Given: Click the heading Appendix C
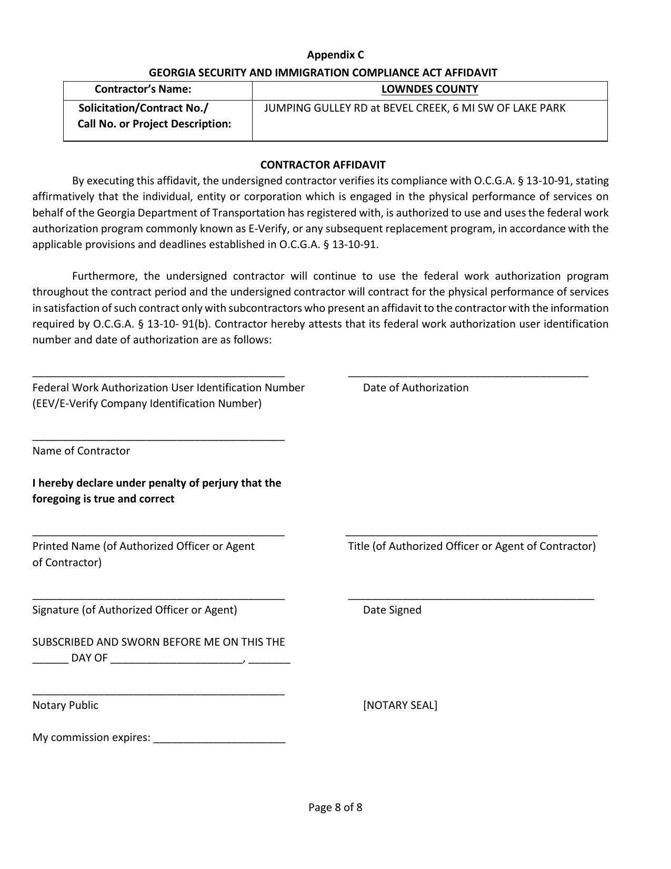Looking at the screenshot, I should (335, 55).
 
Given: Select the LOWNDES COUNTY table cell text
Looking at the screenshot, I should (429, 89).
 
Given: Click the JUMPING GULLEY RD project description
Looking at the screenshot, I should (414, 108).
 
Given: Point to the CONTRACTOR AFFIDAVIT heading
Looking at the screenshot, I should (323, 164).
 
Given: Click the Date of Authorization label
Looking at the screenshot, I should (415, 388).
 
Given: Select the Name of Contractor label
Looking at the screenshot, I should (81, 451).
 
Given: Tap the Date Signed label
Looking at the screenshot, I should (392, 610).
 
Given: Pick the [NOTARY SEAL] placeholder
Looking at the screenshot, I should (400, 705).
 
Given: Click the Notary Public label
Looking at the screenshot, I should (65, 705).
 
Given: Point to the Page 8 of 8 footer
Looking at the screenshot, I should (335, 807).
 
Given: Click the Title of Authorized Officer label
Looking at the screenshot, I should (472, 546).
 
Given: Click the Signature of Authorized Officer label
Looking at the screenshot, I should (135, 610).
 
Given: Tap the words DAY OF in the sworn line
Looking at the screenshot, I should (89, 658).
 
